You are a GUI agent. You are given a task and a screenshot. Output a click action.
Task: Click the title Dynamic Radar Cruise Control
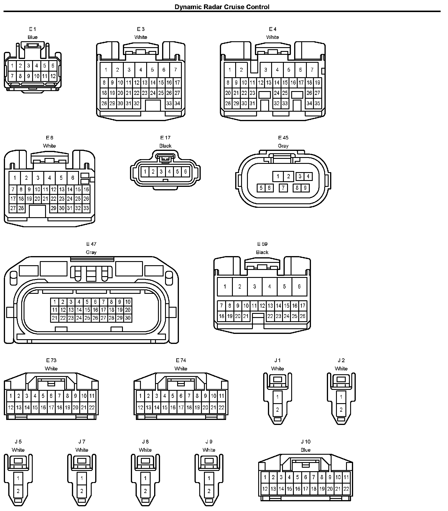(x=222, y=7)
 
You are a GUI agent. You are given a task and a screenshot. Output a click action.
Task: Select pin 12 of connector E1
(x=53, y=76)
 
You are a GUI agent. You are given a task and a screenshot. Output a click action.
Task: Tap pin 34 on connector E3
(x=177, y=103)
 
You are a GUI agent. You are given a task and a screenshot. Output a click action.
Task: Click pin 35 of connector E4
(x=317, y=103)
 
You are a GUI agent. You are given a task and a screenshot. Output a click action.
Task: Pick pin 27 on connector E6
(x=13, y=208)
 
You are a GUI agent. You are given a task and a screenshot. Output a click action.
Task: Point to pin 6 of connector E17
(x=185, y=172)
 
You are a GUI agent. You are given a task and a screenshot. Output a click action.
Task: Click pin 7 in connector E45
(x=283, y=188)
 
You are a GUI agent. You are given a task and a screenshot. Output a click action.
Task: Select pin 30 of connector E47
(x=128, y=318)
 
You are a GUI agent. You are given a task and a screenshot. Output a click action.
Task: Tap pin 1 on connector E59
(x=225, y=286)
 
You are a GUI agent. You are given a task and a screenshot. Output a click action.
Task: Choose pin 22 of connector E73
(x=92, y=408)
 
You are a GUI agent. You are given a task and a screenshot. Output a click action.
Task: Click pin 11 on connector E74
(x=221, y=396)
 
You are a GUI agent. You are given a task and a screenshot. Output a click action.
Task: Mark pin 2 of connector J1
(x=277, y=409)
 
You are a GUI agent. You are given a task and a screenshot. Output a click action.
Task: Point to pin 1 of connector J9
(x=209, y=478)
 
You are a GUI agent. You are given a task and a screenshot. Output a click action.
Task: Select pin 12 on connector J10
(x=265, y=489)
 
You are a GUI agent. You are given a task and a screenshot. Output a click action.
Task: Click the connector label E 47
(x=91, y=244)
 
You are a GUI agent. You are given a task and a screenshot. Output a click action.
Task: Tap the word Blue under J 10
(x=306, y=450)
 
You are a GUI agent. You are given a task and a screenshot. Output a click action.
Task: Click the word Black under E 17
(x=165, y=146)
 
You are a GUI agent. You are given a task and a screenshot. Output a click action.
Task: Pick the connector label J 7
(x=82, y=441)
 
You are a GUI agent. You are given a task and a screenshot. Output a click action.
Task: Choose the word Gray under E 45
(x=283, y=146)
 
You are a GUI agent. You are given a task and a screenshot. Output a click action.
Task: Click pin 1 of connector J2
(x=341, y=397)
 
